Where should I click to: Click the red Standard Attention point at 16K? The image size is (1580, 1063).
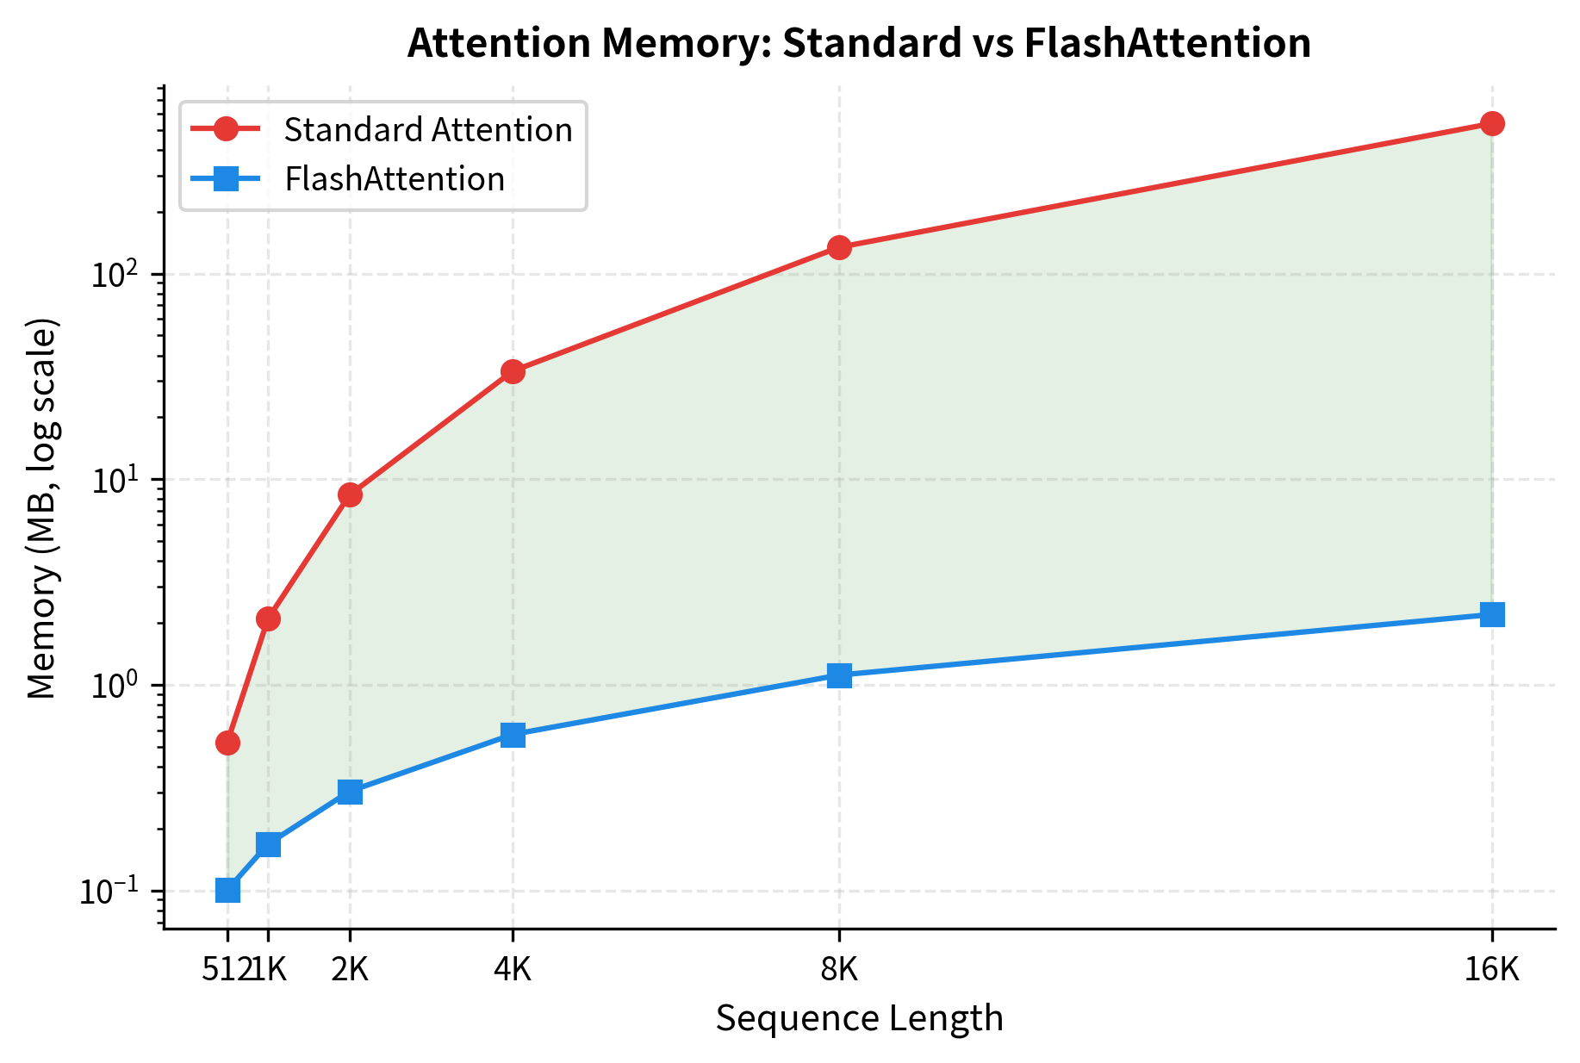pos(1492,123)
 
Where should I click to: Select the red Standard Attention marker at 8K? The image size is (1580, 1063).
pos(839,247)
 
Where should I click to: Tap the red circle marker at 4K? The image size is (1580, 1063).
pos(513,371)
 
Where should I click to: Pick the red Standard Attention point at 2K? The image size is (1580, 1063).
pos(350,494)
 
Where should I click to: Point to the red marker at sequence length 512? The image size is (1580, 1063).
pos(227,743)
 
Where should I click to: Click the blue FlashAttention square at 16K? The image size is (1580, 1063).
pos(1492,614)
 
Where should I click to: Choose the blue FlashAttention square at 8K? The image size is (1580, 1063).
pos(839,674)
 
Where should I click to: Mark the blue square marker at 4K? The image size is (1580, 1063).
pos(513,735)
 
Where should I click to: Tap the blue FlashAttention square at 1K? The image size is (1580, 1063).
pos(268,844)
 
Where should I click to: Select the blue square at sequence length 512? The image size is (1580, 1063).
pos(227,889)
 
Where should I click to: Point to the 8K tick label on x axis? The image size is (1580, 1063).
pos(839,970)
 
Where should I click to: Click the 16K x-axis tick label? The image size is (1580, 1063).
pos(1492,970)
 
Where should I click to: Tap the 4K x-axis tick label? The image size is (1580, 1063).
pos(513,970)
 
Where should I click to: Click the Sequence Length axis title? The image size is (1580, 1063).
pos(859,1018)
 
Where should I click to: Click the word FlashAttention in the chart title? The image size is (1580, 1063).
pos(1166,43)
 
